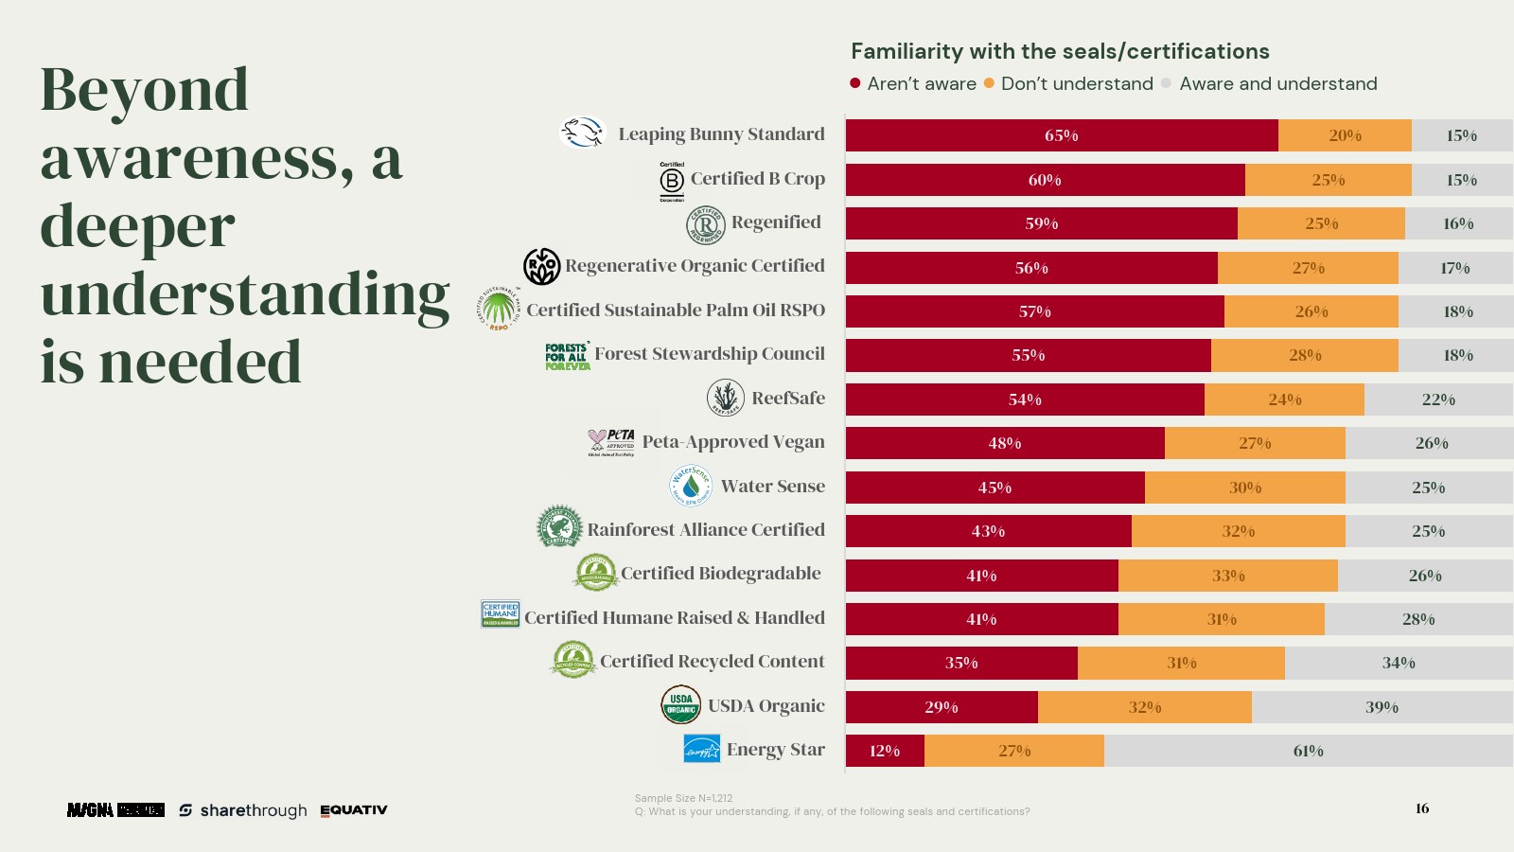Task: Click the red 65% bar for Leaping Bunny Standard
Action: click(x=1062, y=135)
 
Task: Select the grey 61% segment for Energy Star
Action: click(x=1308, y=751)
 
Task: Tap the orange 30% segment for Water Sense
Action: click(x=1245, y=488)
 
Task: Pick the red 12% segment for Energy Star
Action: click(x=885, y=751)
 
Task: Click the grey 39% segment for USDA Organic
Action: click(x=1382, y=707)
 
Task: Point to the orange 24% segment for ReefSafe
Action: click(x=1284, y=399)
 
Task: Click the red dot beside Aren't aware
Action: click(x=855, y=83)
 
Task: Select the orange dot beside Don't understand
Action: click(x=989, y=83)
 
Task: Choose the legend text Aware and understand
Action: click(x=1277, y=84)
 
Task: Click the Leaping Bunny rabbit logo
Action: click(x=582, y=133)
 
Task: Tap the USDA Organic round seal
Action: click(x=680, y=705)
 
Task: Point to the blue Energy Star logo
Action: click(x=701, y=749)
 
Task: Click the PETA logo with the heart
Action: click(x=611, y=441)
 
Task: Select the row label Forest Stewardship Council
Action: click(x=710, y=354)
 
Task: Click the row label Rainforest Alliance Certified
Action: click(x=706, y=530)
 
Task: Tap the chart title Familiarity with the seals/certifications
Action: click(x=1060, y=51)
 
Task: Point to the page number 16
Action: click(x=1422, y=808)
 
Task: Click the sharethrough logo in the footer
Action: click(x=243, y=810)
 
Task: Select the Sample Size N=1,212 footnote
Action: click(x=683, y=798)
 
